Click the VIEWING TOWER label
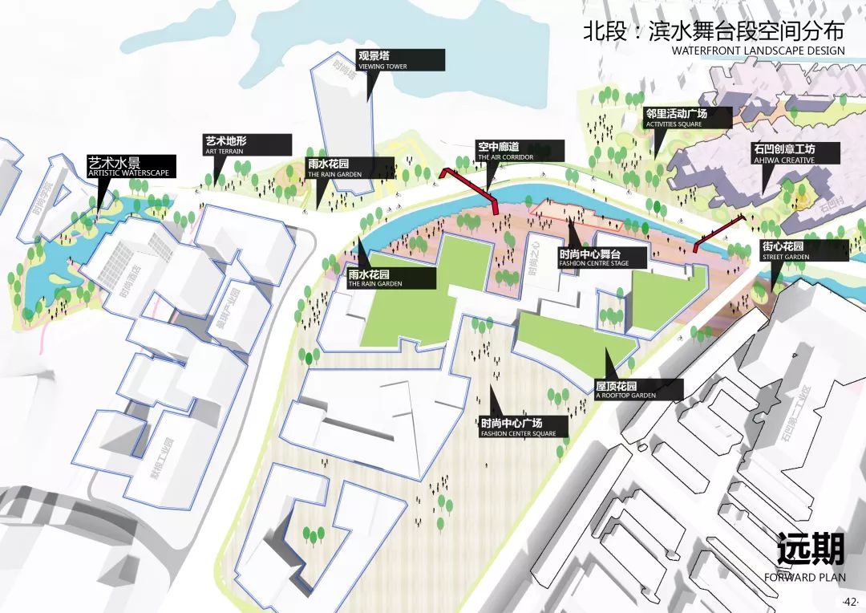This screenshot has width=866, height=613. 400,60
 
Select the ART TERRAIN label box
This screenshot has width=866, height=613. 247,145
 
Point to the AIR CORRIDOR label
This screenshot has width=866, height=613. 520,151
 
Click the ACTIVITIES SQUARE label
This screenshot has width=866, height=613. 687,118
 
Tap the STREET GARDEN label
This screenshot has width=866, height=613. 795,250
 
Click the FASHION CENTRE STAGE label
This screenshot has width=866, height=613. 602,258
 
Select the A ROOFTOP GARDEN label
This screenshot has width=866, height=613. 638,389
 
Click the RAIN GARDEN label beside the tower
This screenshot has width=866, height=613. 351,168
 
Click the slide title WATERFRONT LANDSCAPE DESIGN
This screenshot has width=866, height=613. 758,51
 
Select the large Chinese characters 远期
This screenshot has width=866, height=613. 810,550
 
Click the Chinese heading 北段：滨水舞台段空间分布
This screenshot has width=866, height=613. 714,31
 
